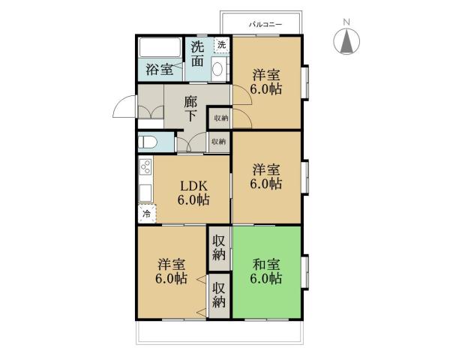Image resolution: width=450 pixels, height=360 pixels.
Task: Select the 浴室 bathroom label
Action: click(159, 71)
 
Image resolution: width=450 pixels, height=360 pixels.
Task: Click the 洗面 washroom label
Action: click(196, 54)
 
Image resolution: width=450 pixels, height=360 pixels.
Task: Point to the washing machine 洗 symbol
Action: click(221, 45)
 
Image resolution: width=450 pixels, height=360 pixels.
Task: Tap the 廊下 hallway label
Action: click(191, 108)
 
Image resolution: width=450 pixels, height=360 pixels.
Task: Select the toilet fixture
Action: click(148, 141)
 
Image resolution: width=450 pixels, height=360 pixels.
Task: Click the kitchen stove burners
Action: click(145, 166)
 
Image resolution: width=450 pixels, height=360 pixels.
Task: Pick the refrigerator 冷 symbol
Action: click(146, 214)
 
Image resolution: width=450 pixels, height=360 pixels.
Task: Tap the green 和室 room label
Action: click(266, 271)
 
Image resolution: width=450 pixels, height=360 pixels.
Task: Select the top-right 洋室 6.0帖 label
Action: click(266, 82)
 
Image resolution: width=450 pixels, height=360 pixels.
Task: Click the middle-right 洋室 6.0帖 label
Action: click(266, 175)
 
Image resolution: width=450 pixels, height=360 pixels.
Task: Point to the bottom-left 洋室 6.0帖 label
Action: click(172, 271)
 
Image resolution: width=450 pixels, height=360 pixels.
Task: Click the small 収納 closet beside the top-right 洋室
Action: click(220, 118)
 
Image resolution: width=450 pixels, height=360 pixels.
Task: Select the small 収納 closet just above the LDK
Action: click(218, 142)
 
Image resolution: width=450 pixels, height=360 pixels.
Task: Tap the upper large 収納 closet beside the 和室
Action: click(219, 247)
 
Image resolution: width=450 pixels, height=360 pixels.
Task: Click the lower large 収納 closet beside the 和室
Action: click(219, 294)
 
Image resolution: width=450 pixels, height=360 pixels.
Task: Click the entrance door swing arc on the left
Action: click(123, 109)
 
